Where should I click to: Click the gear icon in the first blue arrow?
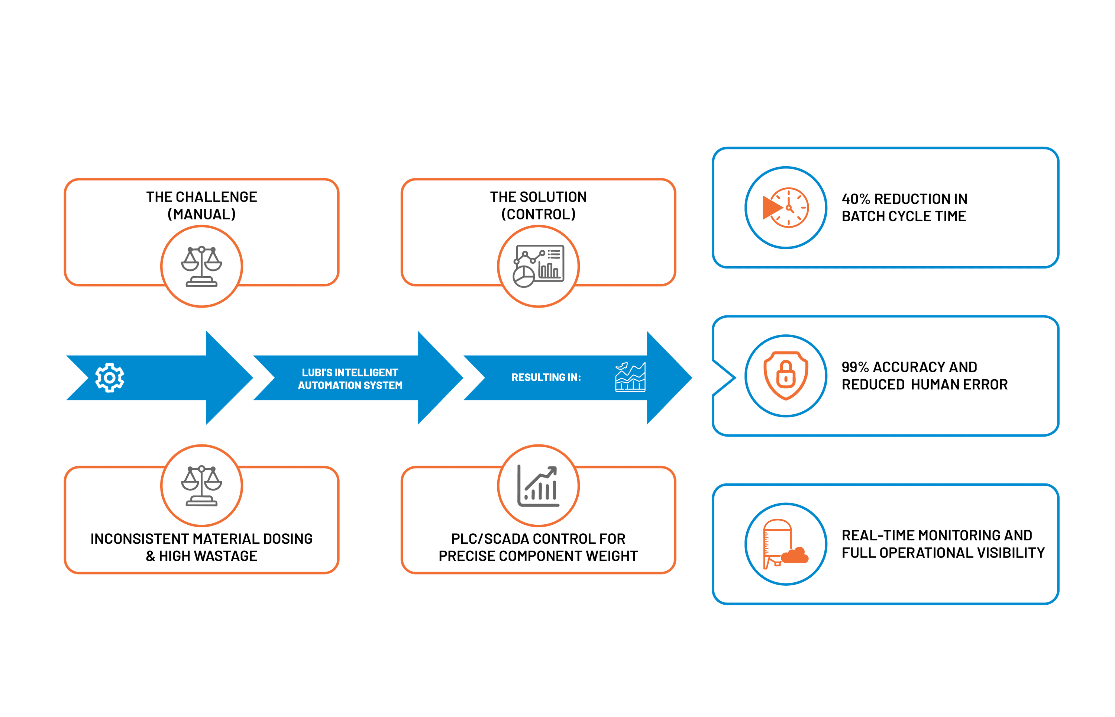pos(109,377)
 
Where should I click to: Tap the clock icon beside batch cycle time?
pos(786,208)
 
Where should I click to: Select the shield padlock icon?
pos(786,376)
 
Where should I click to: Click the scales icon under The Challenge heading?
pos(201,266)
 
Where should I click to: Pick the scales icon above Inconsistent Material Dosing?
pos(201,486)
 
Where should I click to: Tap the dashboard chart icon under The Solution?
pos(538,266)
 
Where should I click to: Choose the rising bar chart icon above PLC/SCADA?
pos(538,486)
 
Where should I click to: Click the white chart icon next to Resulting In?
pos(630,377)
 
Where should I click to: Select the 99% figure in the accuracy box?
pos(855,367)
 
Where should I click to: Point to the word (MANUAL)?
pos(201,214)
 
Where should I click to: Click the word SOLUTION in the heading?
pos(553,197)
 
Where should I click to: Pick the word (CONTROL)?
pos(538,214)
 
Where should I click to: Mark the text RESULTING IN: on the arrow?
pos(546,377)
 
